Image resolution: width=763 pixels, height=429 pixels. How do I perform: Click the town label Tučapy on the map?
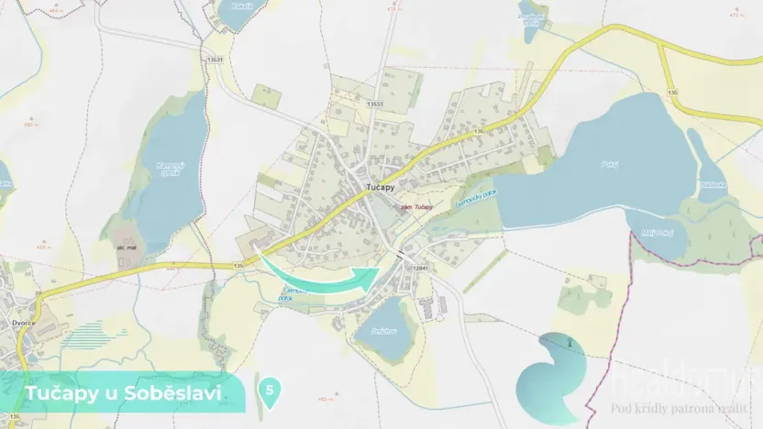pyautogui.click(x=380, y=186)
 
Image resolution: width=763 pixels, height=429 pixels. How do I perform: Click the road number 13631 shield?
pyautogui.click(x=216, y=60)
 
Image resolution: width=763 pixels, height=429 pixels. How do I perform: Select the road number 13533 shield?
pyautogui.click(x=375, y=104)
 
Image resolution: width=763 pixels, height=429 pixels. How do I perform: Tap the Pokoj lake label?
pyautogui.click(x=611, y=164)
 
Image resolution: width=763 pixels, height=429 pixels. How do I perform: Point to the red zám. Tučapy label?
pyautogui.click(x=417, y=206)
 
